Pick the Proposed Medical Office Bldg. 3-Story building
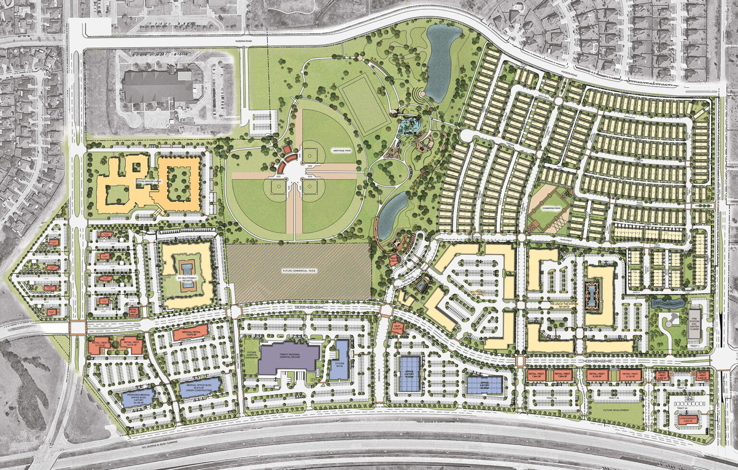[137, 398]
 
